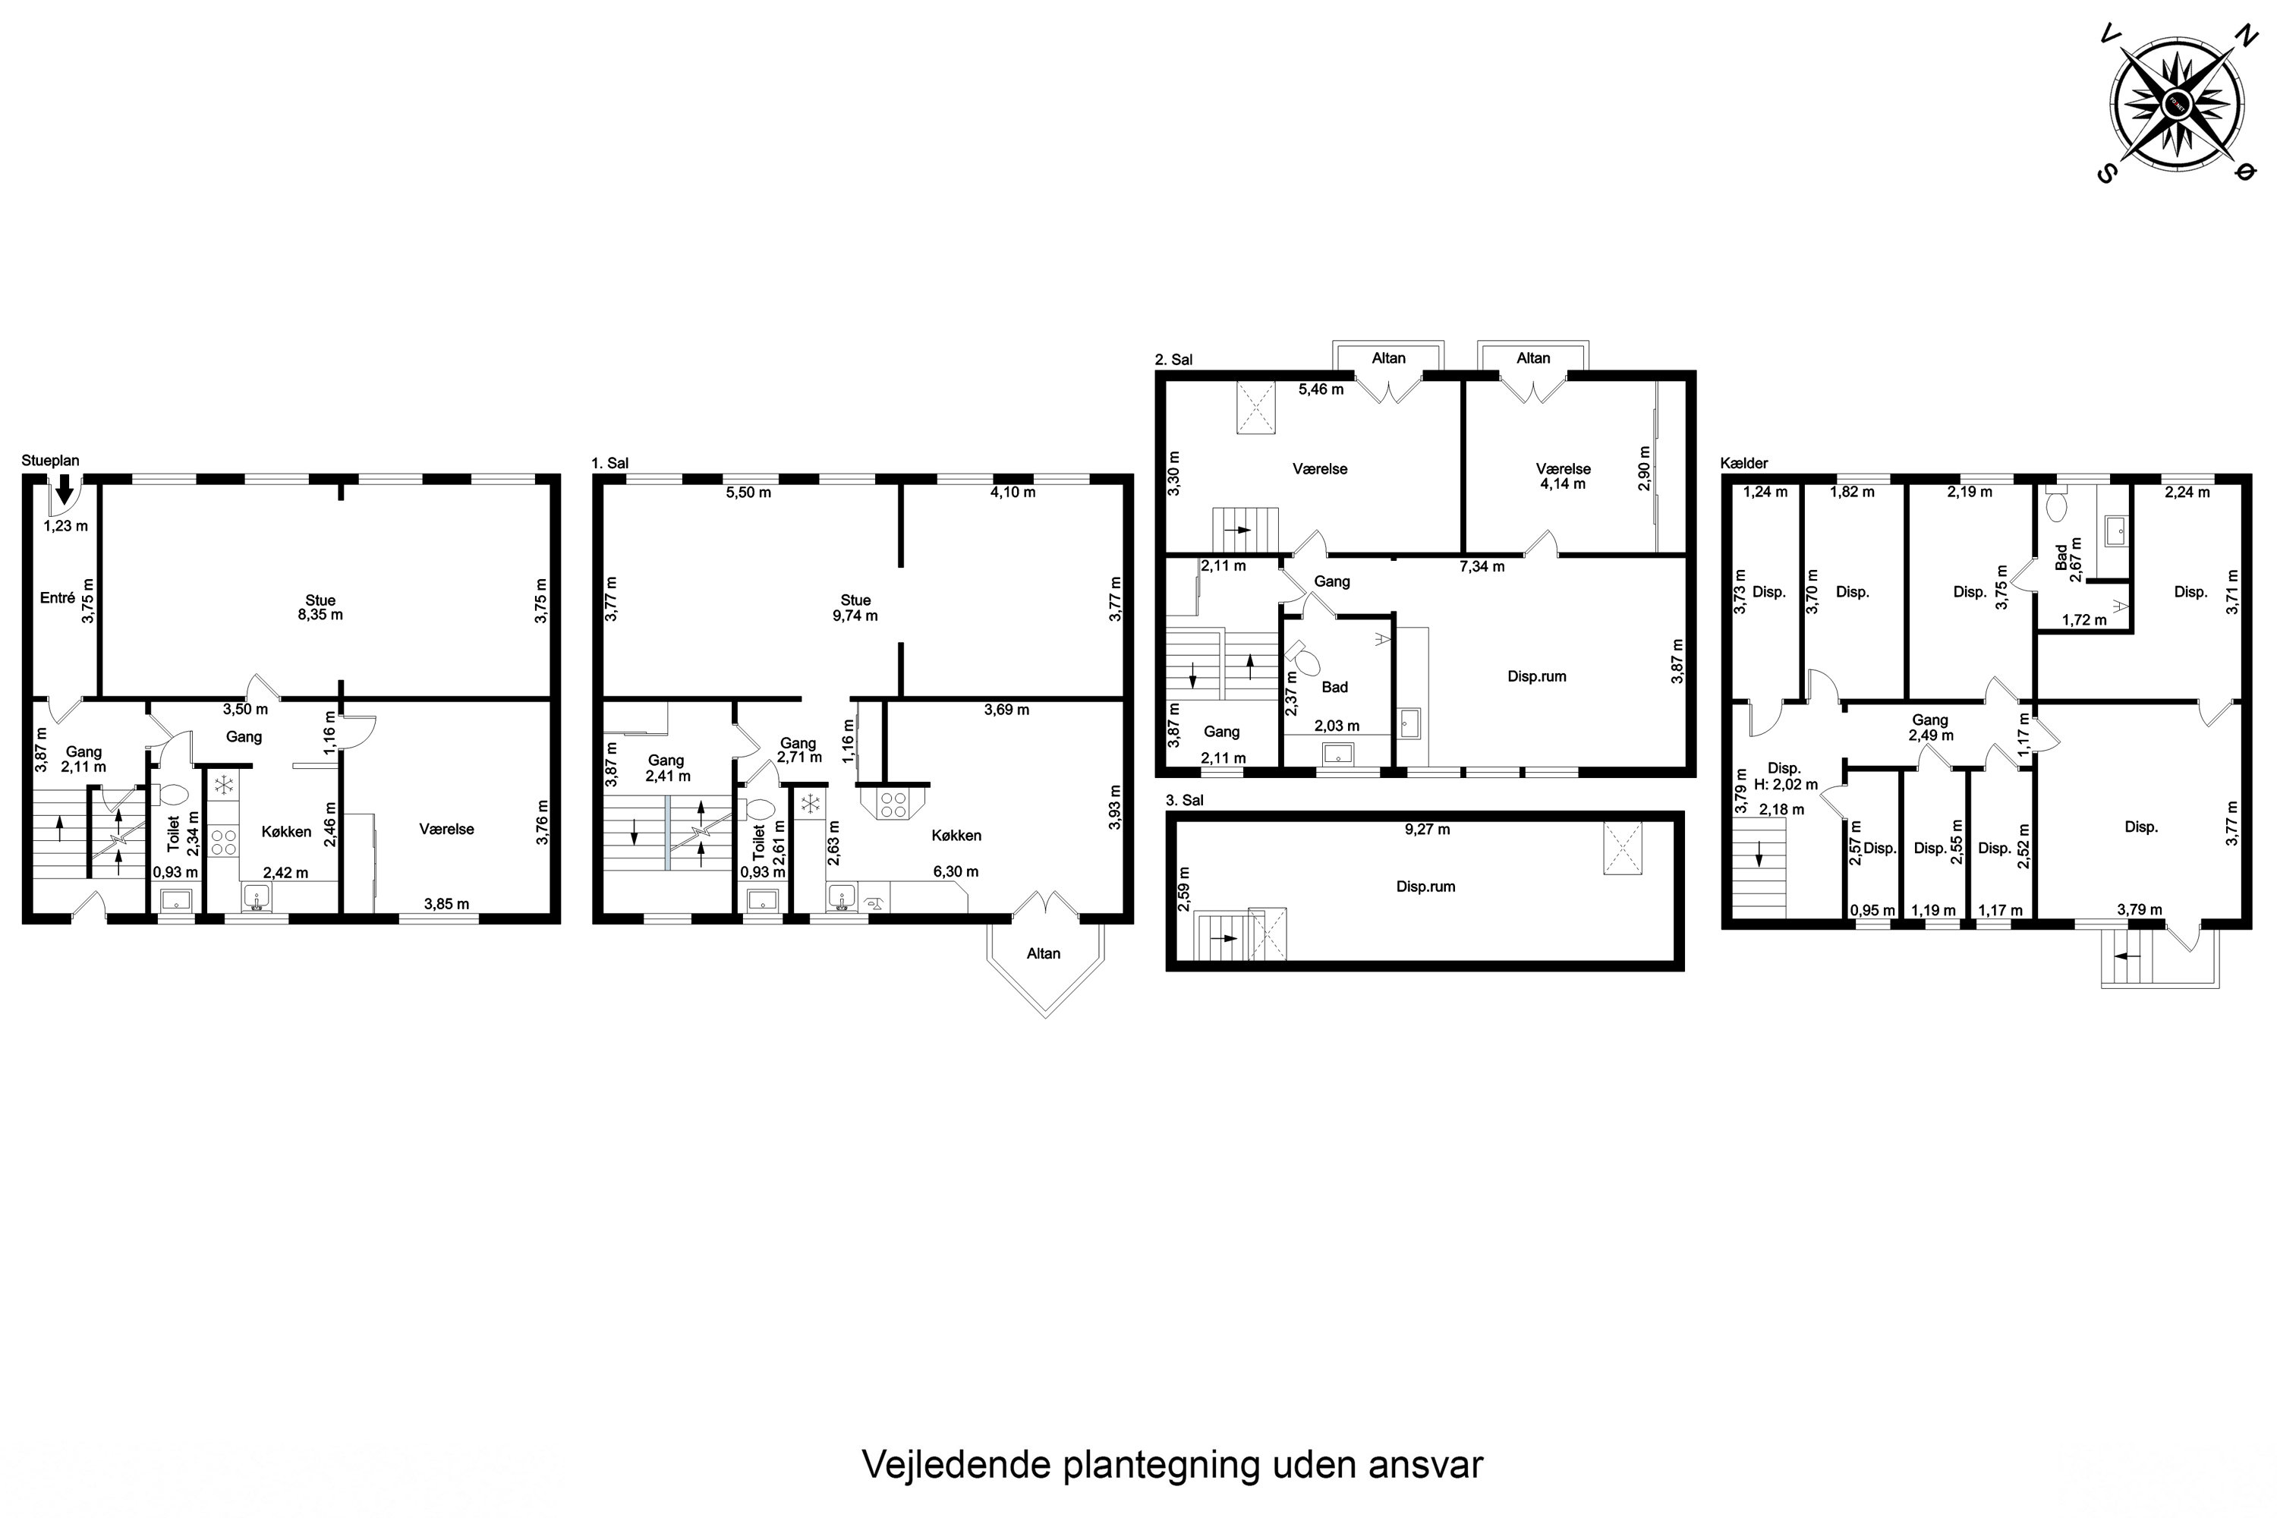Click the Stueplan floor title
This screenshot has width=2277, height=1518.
click(x=50, y=461)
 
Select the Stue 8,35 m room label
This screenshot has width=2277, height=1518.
click(x=320, y=607)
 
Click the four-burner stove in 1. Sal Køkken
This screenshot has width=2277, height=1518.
click(x=893, y=805)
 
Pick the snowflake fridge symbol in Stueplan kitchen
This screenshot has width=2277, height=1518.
click(x=225, y=783)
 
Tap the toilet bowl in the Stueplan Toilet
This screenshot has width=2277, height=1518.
click(x=173, y=795)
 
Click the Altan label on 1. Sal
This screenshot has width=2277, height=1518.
click(x=1043, y=953)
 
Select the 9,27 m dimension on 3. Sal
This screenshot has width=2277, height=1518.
click(x=1427, y=830)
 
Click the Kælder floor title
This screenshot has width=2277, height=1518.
click(x=1743, y=464)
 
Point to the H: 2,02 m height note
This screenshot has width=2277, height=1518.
click(x=1785, y=785)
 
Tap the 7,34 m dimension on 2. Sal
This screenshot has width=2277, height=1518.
click(x=1482, y=566)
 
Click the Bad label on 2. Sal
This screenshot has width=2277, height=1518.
click(x=1334, y=688)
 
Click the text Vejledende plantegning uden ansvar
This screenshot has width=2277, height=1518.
click(x=1171, y=1465)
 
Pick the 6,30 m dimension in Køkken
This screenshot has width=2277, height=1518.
click(x=955, y=872)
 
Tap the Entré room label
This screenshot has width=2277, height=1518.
click(x=57, y=598)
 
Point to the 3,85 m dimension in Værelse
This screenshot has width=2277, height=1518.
click(x=446, y=904)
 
